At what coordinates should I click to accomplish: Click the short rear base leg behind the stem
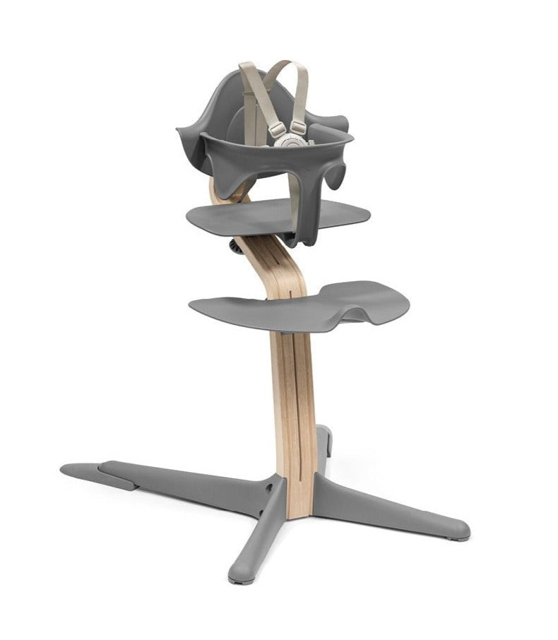tap(321, 442)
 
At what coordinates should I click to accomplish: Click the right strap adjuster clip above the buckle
tap(299, 129)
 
